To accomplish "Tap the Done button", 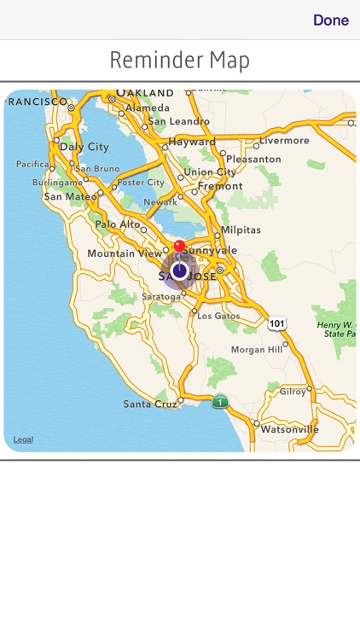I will click(330, 20).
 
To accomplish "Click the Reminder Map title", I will click(180, 61).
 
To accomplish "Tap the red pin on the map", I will click(179, 247).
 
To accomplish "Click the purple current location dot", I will click(179, 271).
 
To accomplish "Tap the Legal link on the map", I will click(23, 439).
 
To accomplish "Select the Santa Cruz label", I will click(149, 404).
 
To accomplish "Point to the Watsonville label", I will click(290, 429).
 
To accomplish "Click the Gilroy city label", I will click(292, 392).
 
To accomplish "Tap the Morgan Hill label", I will click(257, 350).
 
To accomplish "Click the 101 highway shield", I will click(276, 323).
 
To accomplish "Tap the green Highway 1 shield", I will click(220, 401).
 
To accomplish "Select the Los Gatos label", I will click(218, 316).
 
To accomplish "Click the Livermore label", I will click(285, 140).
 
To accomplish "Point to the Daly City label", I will click(84, 147).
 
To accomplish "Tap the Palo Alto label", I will click(117, 224).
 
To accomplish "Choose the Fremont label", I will click(220, 186).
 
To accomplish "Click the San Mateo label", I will click(70, 196).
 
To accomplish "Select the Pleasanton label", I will click(253, 159).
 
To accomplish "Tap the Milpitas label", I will click(241, 230).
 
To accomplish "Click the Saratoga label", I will click(160, 296).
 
